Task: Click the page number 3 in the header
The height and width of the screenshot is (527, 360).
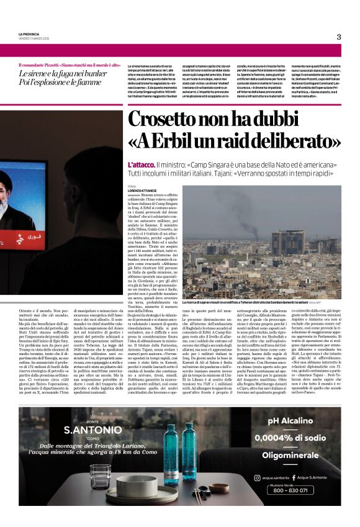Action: (339, 37)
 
